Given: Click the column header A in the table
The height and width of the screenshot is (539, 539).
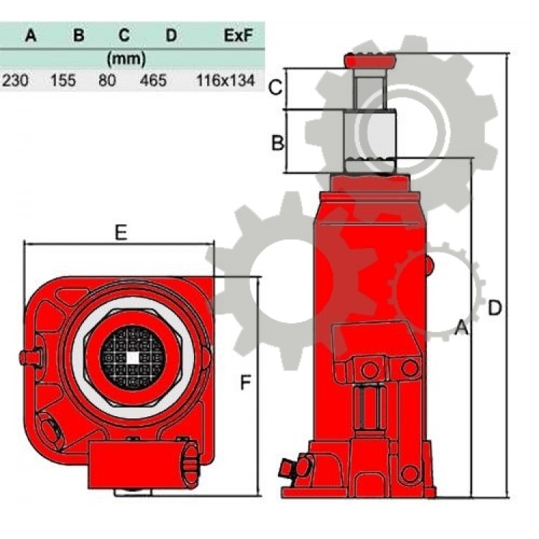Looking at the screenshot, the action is click(31, 35).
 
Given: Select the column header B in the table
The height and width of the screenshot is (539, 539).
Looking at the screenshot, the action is click(79, 35).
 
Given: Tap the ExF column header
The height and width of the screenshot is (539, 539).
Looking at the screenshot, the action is click(238, 35).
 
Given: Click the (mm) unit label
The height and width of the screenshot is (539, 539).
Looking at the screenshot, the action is click(126, 59).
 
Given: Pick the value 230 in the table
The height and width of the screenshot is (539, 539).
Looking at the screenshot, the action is click(16, 80).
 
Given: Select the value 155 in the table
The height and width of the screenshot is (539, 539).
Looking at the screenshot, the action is click(63, 80).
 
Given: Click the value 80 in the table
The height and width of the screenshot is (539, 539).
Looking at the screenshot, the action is click(107, 80).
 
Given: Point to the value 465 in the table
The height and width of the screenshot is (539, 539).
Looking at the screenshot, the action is click(153, 80).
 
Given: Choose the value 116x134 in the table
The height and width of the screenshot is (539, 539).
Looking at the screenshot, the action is click(226, 80).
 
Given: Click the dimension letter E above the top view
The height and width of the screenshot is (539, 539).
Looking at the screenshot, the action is click(121, 232).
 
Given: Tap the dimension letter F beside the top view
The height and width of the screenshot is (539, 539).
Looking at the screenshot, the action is click(245, 382).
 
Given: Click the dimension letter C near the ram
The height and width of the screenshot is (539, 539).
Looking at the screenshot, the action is click(275, 87).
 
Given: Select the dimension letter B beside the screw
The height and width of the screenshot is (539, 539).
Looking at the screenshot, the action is click(277, 143).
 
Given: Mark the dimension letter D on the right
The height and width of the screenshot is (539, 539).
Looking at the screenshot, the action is click(494, 308).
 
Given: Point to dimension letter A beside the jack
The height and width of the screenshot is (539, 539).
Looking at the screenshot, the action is click(461, 327).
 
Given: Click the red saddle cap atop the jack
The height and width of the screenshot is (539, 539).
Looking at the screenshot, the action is click(370, 62).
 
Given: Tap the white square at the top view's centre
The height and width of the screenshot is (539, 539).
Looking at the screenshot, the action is click(133, 358).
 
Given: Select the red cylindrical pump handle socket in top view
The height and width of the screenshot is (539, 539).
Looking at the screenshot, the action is click(143, 464).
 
